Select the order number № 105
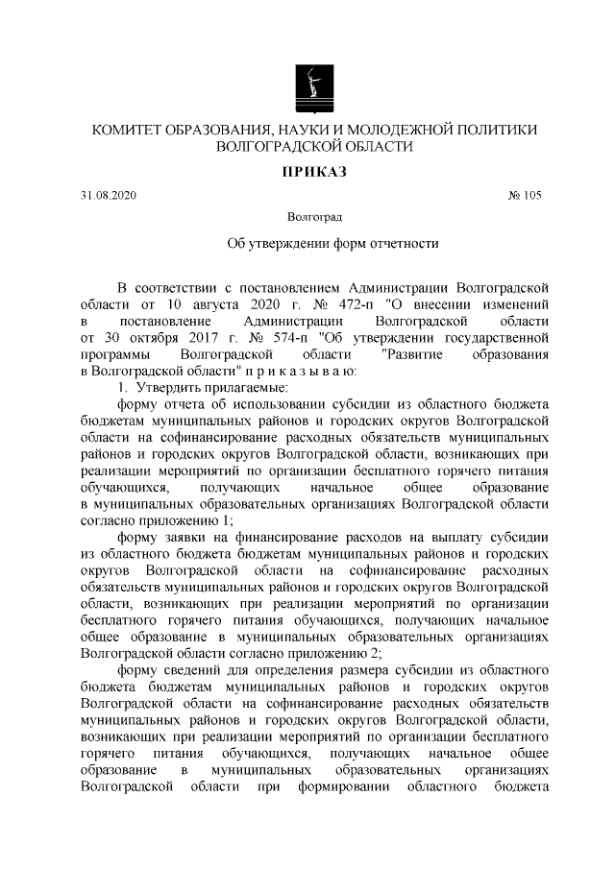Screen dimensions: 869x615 [x=525, y=196]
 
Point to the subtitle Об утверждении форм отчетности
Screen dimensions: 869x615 [x=332, y=244]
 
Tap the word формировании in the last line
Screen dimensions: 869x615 [x=335, y=787]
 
